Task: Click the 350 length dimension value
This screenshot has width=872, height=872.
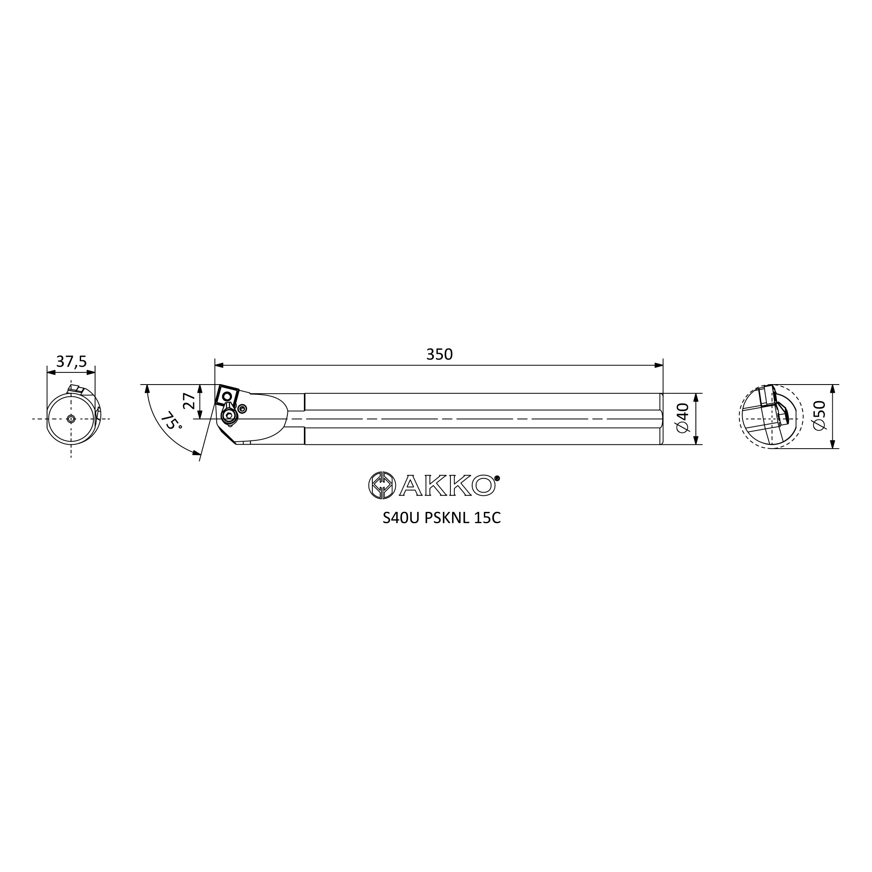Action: coord(439,354)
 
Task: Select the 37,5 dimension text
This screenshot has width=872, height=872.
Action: coord(72,361)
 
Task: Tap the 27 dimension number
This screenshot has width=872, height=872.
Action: coord(190,401)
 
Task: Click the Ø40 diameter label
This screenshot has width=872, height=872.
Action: coord(683,418)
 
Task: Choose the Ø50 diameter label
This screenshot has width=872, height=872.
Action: coord(819,415)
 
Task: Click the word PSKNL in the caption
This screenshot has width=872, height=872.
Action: coord(447,518)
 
